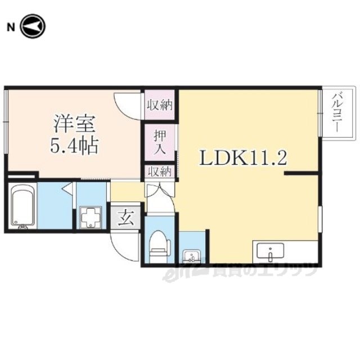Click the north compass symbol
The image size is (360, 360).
click(x=33, y=26)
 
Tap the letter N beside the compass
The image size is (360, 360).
click(x=11, y=28)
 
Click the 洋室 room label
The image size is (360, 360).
click(x=74, y=123)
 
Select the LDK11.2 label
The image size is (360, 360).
click(x=243, y=157)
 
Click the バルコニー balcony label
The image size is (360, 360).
click(x=336, y=113)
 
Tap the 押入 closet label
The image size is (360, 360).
click(x=160, y=142)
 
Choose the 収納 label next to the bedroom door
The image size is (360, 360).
click(x=160, y=105)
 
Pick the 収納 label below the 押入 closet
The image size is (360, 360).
click(x=160, y=172)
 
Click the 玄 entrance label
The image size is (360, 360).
click(x=126, y=218)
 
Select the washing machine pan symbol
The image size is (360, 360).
click(x=91, y=218)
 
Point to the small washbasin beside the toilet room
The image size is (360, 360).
click(x=191, y=256)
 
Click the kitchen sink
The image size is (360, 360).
click(x=271, y=251)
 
